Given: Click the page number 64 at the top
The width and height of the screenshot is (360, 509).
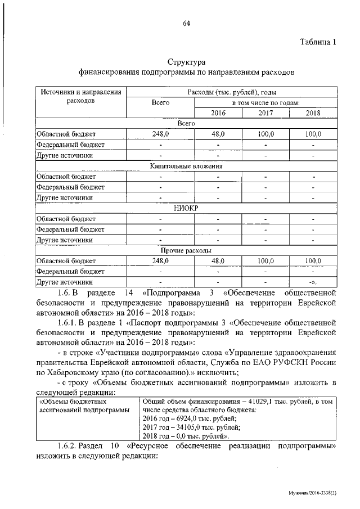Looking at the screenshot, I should (186, 23).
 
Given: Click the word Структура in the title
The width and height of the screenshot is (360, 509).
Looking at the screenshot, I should (186, 61).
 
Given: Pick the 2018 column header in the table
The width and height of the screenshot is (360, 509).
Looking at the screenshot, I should (313, 113).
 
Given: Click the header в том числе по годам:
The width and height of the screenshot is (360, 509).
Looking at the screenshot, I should (265, 103).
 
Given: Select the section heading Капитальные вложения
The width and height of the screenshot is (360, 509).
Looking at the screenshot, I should (186, 166).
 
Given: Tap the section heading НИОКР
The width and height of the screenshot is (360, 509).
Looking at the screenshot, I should (186, 208).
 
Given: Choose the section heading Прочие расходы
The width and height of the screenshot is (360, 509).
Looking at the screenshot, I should (186, 250).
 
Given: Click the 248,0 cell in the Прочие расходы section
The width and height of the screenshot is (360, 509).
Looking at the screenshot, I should (160, 261).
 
